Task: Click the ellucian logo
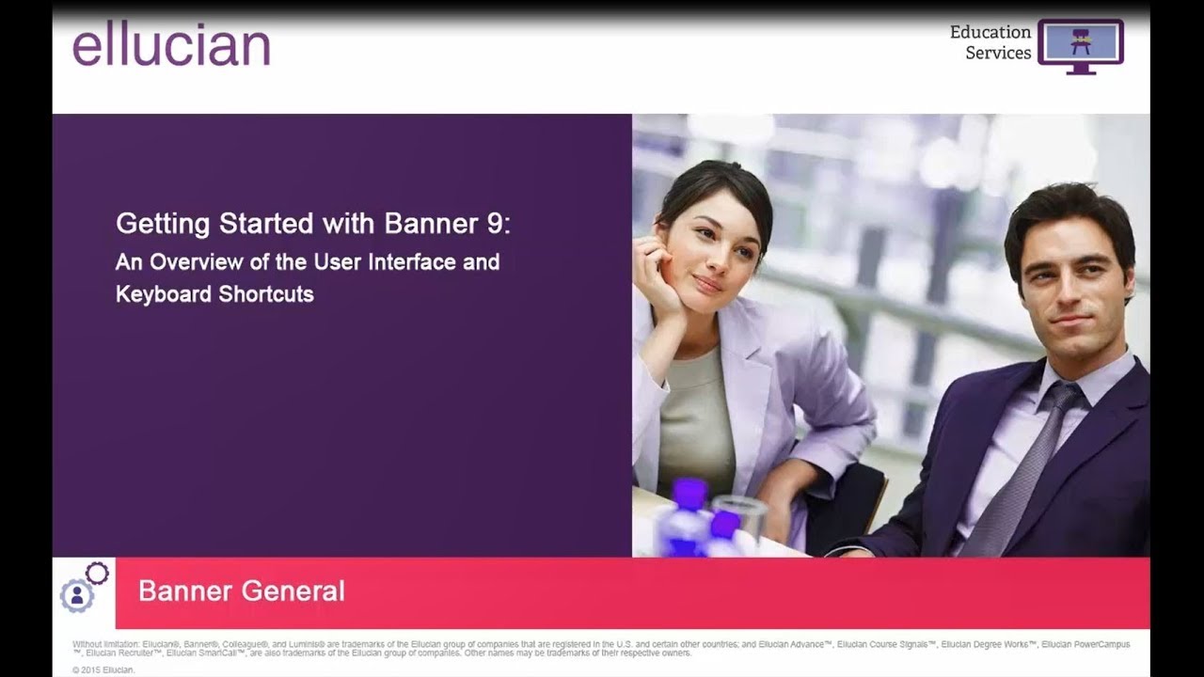171,45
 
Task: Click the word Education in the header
990,32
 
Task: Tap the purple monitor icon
1080,45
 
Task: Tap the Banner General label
241,590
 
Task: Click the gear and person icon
83,589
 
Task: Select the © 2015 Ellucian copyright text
103,669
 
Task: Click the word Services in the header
998,54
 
